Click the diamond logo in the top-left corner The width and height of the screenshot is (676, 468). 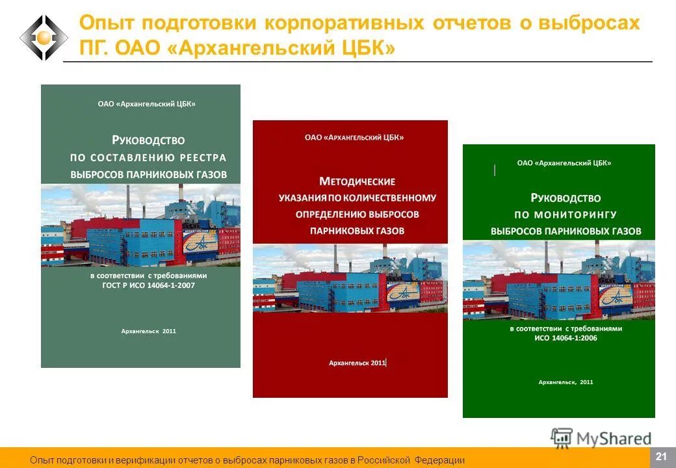click(x=44, y=38)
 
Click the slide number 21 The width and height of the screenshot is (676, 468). click(x=662, y=456)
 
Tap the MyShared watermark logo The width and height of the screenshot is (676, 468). click(x=601, y=438)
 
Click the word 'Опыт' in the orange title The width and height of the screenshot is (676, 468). click(x=107, y=23)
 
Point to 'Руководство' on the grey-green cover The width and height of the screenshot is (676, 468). click(x=148, y=139)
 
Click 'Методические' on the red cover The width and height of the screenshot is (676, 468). click(x=357, y=181)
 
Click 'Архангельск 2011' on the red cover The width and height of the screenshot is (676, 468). click(x=357, y=363)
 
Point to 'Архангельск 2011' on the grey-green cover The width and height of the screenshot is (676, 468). click(x=149, y=331)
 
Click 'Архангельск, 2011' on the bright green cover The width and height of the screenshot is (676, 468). click(x=565, y=382)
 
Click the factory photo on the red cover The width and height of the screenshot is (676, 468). click(x=350, y=278)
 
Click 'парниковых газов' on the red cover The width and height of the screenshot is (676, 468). click(x=357, y=230)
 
